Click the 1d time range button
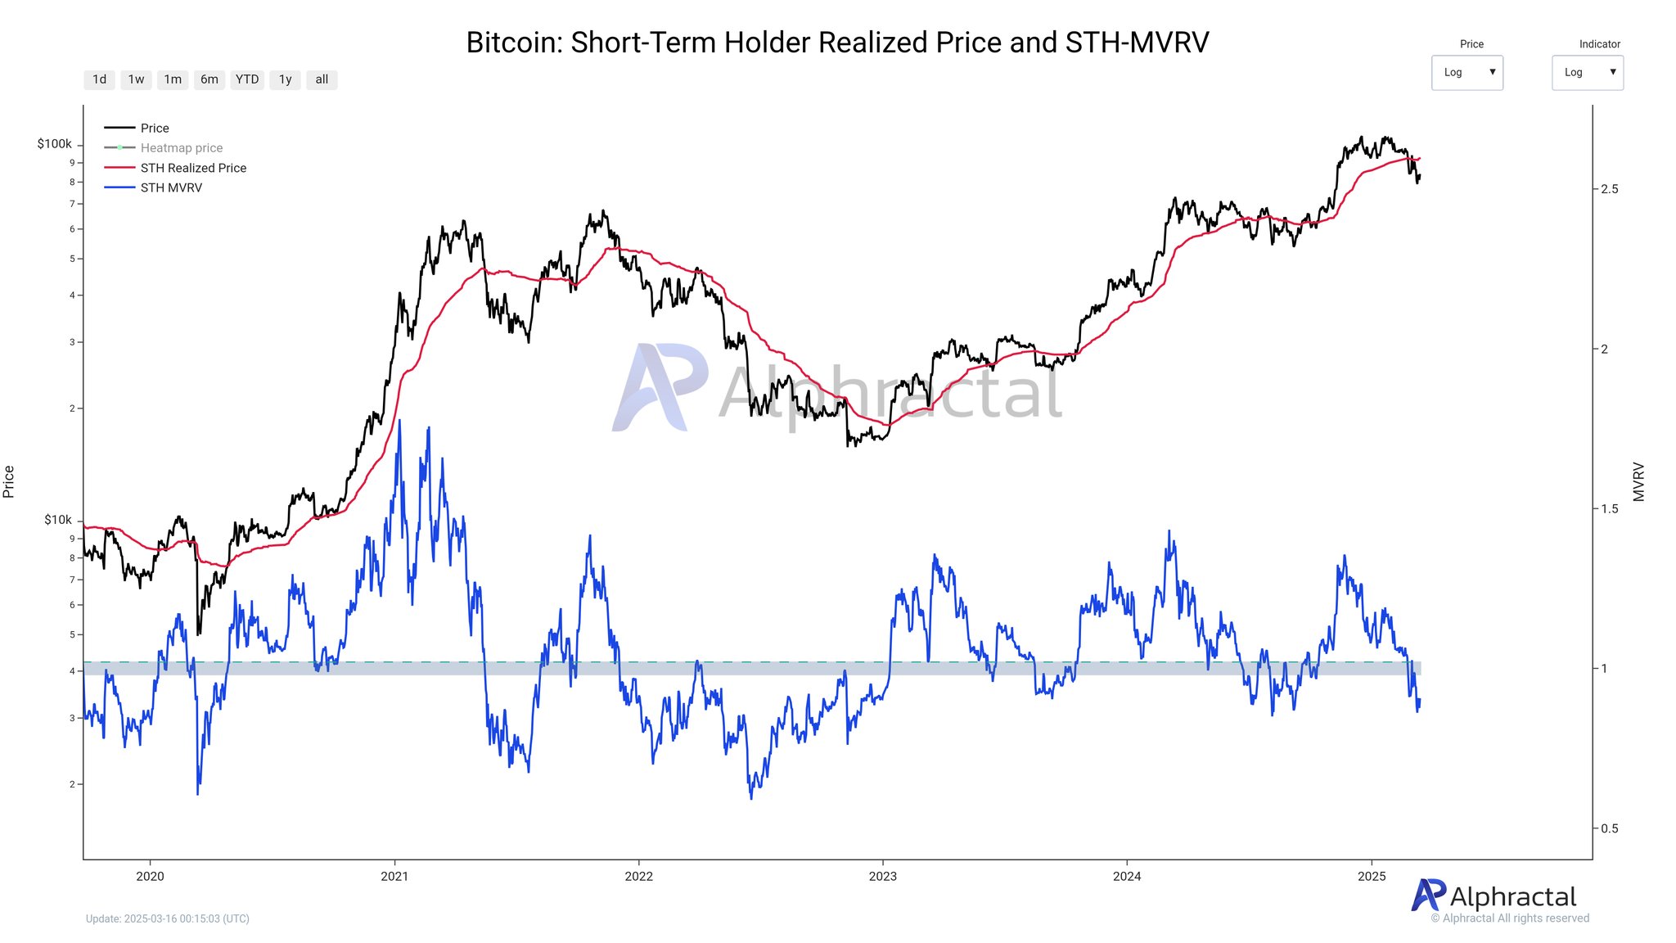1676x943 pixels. tap(99, 79)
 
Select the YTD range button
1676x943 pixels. tap(246, 79)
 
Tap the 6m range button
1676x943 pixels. tap(209, 79)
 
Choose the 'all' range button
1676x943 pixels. tap(322, 79)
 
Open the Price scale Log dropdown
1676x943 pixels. tap(1466, 72)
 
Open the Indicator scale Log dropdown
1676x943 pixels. tap(1587, 72)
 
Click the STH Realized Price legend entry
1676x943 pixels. tap(192, 168)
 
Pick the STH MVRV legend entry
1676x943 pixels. tap(170, 187)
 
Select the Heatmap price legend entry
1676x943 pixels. tap(181, 148)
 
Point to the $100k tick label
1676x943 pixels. tap(54, 144)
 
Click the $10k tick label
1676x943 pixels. tap(58, 520)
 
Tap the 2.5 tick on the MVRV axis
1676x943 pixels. tap(1610, 189)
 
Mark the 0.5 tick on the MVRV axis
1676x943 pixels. tap(1610, 828)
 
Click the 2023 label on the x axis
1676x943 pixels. tap(882, 876)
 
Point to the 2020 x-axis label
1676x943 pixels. tap(150, 876)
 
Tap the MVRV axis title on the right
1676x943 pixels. tap(1638, 481)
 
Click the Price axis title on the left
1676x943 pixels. tap(9, 481)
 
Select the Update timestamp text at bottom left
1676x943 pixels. tap(168, 918)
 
